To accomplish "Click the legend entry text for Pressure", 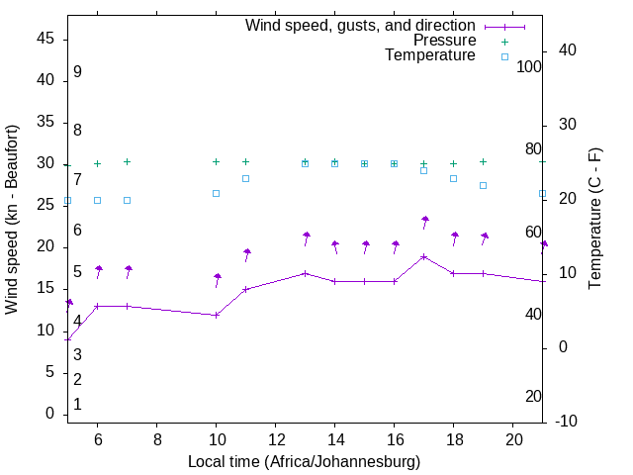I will (444, 41).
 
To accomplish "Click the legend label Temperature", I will (430, 55).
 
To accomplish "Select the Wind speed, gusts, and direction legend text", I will (360, 26).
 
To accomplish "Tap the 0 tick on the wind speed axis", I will (48, 414).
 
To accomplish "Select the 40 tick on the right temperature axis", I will (569, 50).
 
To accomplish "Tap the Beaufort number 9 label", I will (77, 72).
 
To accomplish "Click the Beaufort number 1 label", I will (77, 404).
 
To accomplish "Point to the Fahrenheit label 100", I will (529, 66).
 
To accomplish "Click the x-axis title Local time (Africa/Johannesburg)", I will (304, 462).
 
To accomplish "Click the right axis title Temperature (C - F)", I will (594, 220).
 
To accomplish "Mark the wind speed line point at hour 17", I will (424, 256).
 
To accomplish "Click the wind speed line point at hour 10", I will (216, 315).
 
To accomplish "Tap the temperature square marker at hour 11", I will (245, 178).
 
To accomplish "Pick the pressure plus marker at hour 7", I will (127, 161).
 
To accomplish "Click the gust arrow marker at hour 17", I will (425, 220).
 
